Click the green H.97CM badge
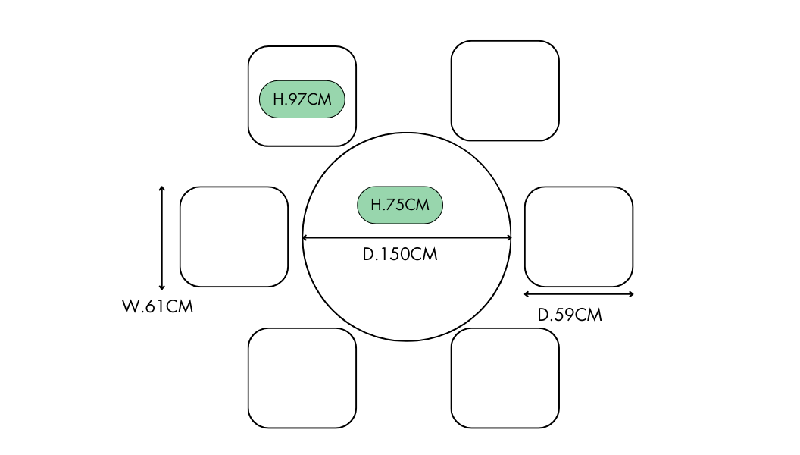click(302, 99)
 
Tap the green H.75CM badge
click(399, 205)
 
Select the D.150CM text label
click(400, 255)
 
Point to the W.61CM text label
click(158, 308)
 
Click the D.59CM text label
click(570, 315)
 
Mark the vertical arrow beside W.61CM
click(161, 237)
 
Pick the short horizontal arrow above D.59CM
click(579, 294)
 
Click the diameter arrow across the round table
click(407, 238)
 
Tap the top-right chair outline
click(505, 90)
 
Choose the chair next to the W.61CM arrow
click(234, 237)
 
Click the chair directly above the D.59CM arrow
click(579, 237)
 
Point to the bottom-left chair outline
click(302, 378)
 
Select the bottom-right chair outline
click(505, 378)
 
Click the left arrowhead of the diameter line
click(305, 238)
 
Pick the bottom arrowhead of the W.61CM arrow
click(161, 287)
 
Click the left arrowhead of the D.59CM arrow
click(526, 294)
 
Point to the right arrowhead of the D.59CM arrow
click(632, 294)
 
